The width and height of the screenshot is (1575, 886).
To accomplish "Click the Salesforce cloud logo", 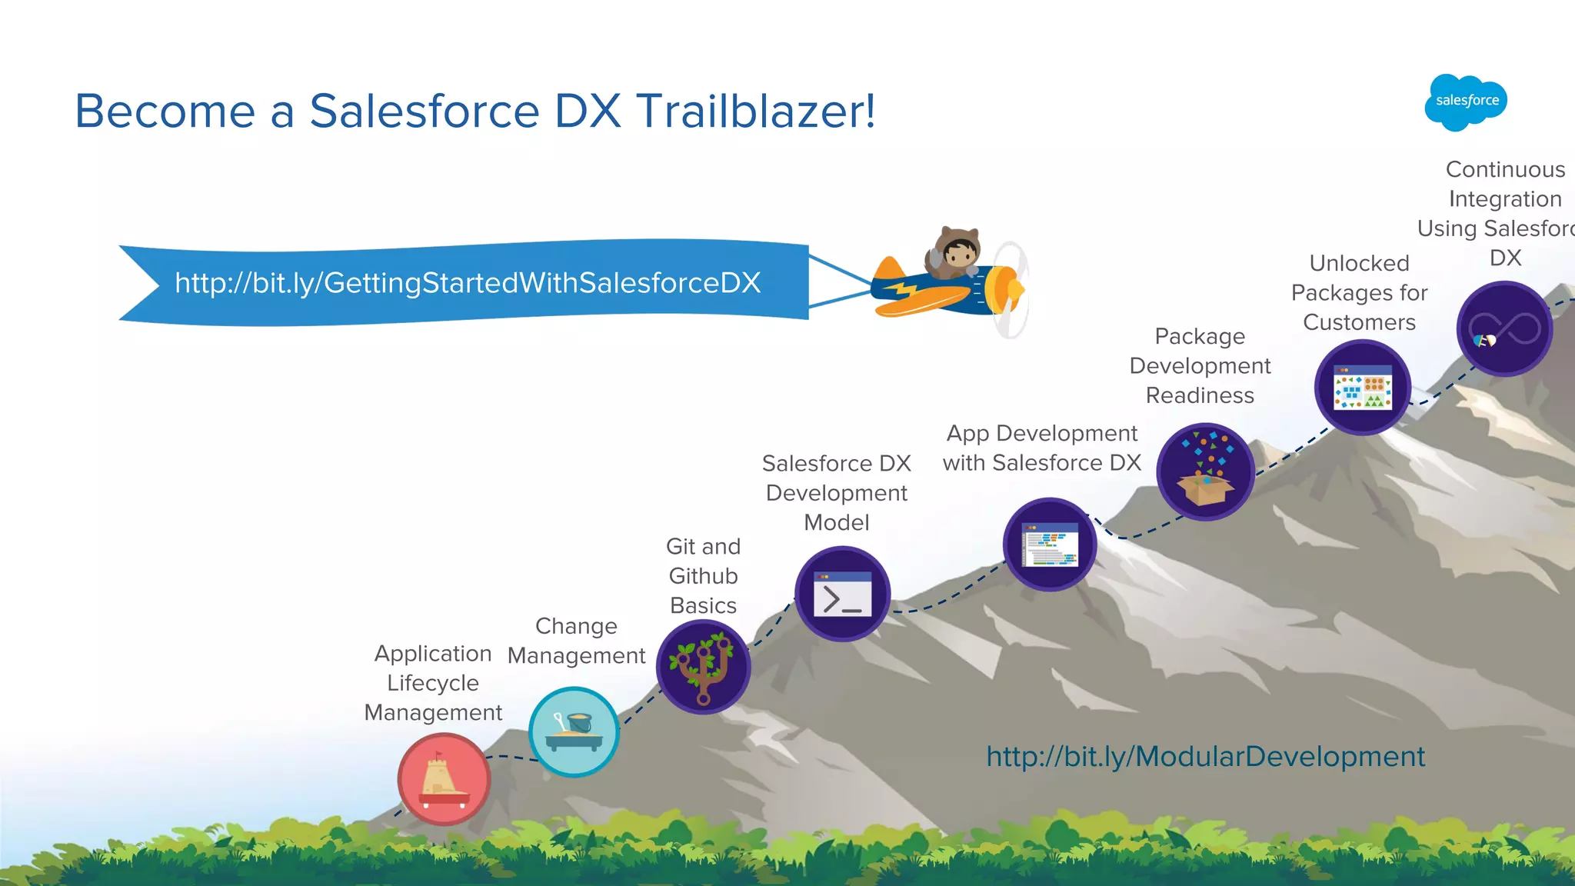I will coord(1466,102).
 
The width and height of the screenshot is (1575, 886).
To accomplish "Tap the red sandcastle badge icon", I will coord(444,779).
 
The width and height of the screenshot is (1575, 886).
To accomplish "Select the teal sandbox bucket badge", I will coord(574,731).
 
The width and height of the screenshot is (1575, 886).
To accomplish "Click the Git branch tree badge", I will coord(703,667).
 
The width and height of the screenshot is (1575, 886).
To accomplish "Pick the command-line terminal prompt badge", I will coord(842,594).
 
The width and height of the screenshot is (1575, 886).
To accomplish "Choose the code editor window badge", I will coord(1050,545).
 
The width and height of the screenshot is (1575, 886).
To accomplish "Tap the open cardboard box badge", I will coord(1205,471).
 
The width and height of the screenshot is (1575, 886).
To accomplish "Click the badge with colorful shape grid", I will coord(1362,388).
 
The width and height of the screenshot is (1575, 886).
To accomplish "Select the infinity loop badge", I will coord(1504,329).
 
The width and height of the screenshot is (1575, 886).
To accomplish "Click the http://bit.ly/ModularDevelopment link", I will coord(1205,757).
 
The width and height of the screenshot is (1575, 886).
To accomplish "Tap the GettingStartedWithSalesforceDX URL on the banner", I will coord(468,283).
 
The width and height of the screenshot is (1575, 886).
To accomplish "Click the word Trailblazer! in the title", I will coord(756,111).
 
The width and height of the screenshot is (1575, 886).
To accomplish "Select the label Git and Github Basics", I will coord(703,576).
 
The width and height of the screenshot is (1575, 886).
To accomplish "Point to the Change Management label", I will coord(576,641).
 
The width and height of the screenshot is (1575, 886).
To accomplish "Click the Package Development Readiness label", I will coord(1200,366).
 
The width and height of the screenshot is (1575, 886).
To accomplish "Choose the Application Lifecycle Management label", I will coord(433,683).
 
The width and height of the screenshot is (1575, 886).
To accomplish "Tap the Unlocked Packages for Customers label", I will coord(1359,293).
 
